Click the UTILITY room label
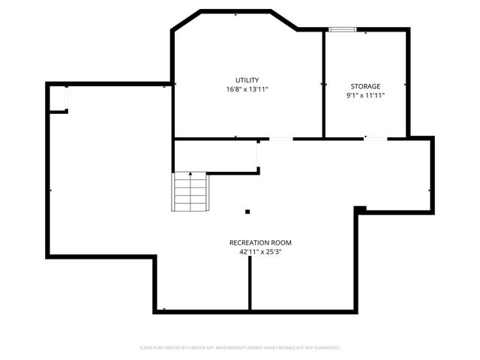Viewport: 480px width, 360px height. coord(247,80)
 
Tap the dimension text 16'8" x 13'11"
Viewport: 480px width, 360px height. coord(247,89)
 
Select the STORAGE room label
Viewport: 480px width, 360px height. coord(364,87)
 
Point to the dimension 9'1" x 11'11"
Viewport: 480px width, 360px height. coord(364,96)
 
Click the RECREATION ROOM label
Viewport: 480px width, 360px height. coord(259,243)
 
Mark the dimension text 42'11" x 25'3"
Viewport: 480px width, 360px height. coord(259,252)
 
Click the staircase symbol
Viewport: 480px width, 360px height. coord(190,193)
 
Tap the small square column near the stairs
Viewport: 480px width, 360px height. coord(247,211)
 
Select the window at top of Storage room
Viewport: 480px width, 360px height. coord(341,29)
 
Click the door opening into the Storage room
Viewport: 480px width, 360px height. coord(376,138)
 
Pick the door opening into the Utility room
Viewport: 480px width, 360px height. coord(281,139)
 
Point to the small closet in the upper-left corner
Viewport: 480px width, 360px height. coord(58,99)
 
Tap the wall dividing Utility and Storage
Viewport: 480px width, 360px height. coord(323,84)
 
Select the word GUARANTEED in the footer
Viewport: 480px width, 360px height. coord(324,348)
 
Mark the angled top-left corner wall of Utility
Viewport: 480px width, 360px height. coord(187,20)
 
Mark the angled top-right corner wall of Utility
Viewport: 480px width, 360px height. coord(284,20)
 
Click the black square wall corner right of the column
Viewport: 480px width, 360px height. coord(360,209)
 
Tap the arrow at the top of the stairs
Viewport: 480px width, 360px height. coord(190,175)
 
